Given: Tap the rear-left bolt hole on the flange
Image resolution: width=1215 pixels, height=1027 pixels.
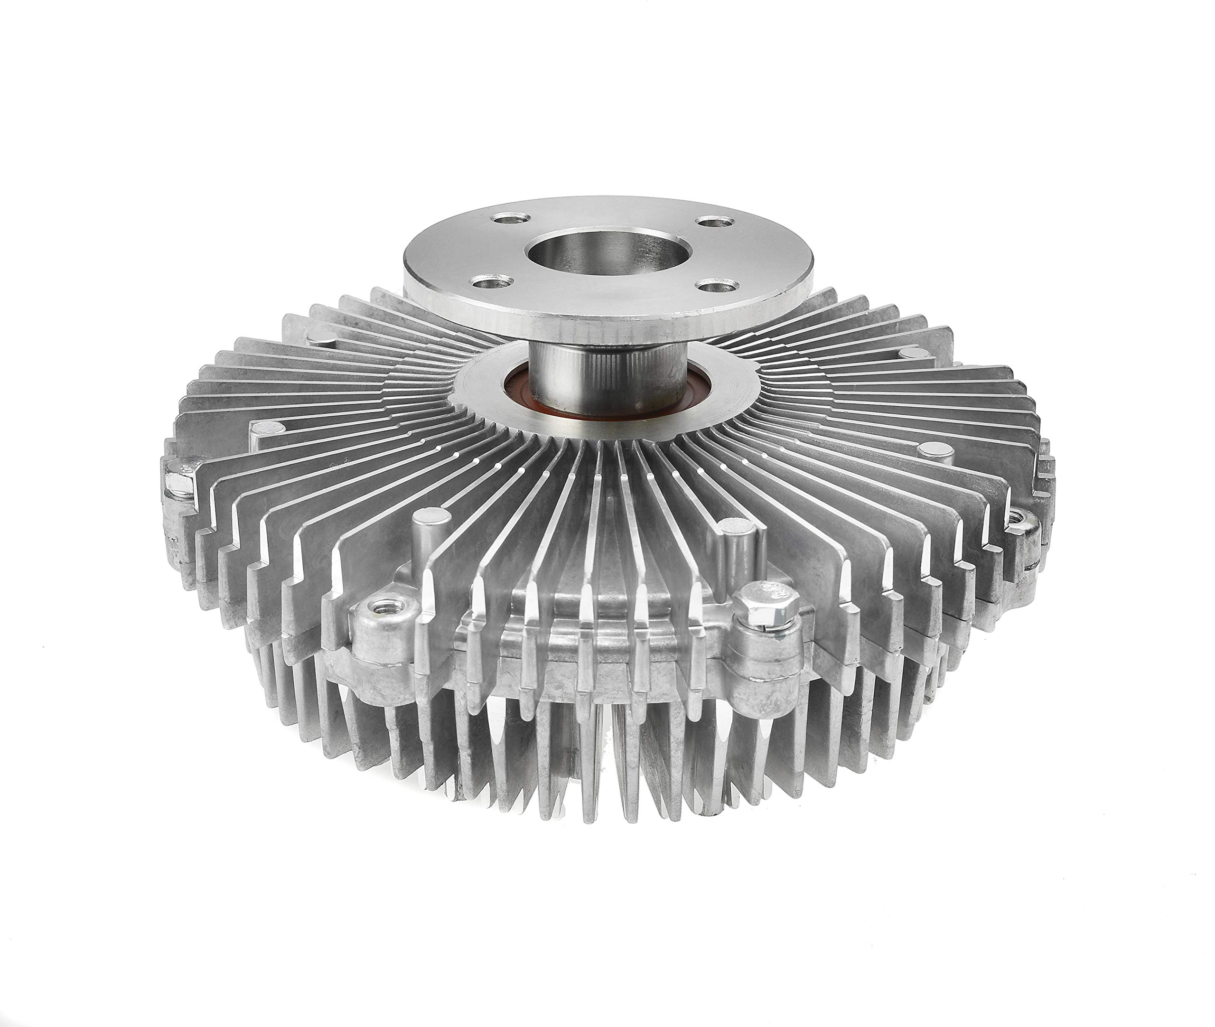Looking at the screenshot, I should click(x=511, y=219).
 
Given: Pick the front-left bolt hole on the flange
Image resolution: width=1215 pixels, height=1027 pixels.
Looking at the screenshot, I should click(x=491, y=283).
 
